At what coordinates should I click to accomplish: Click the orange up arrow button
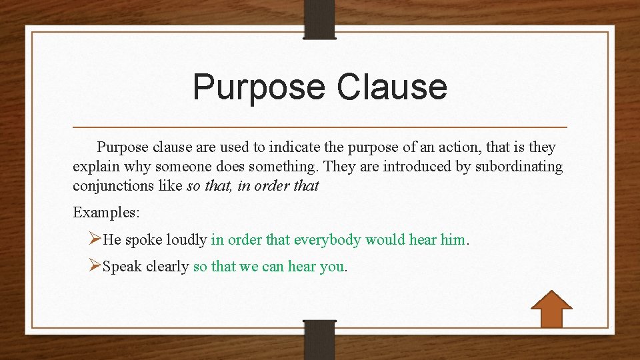click(x=551, y=309)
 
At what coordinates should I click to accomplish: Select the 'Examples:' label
click(x=107, y=213)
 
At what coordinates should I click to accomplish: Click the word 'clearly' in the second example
click(x=167, y=267)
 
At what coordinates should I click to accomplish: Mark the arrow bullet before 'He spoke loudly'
click(x=95, y=239)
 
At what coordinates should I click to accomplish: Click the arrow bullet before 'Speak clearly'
click(x=95, y=266)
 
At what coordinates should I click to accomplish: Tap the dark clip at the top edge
click(x=319, y=18)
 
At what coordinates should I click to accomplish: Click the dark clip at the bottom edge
click(x=319, y=339)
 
